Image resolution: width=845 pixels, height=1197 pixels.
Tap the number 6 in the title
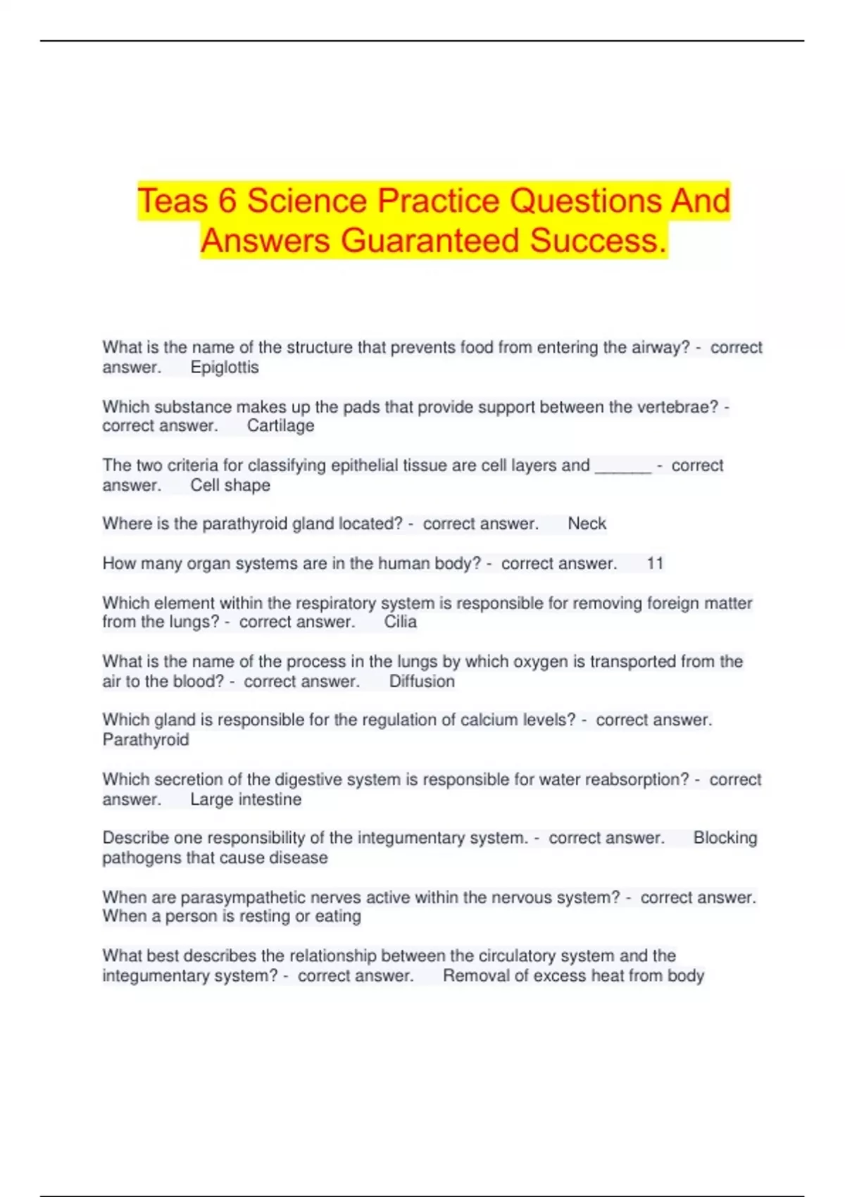pos(227,201)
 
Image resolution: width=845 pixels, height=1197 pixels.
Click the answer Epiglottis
pos(225,368)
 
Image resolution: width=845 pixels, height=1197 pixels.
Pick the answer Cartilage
pos(280,426)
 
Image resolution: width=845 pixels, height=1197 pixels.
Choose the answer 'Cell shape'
pos(230,485)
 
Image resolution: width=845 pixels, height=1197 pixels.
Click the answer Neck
pos(587,524)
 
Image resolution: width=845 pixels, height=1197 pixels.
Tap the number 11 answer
pos(655,563)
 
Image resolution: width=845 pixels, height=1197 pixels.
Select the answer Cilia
pos(400,622)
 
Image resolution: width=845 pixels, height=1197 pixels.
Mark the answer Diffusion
pos(422,682)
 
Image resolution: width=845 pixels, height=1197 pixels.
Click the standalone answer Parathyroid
pos(146,740)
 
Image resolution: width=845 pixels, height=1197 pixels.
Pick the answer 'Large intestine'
pos(246,800)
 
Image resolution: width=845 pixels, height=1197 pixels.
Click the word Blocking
pos(725,838)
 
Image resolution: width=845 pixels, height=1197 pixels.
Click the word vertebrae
pos(677,407)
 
